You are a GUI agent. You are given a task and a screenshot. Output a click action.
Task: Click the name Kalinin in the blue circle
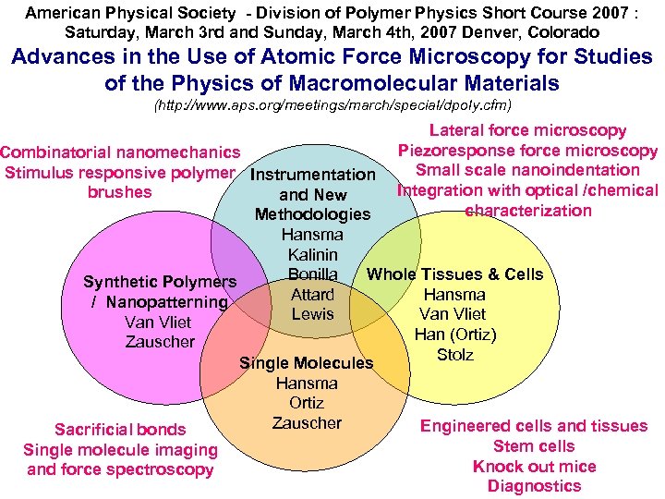[312, 254]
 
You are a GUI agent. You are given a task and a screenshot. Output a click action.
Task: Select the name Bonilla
[312, 274]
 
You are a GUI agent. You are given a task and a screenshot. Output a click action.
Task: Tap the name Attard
[312, 295]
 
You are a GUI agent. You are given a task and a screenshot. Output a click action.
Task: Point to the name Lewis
[312, 314]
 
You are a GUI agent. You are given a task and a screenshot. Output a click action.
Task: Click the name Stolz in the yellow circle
[454, 355]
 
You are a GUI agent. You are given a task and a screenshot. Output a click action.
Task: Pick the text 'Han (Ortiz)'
[454, 335]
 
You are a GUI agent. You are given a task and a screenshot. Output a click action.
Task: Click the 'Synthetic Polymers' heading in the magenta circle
[160, 282]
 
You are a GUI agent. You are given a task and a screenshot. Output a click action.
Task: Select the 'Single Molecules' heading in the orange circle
[306, 363]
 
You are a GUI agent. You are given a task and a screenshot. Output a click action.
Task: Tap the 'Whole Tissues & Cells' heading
[454, 274]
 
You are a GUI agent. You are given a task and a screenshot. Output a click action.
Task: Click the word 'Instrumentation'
[313, 175]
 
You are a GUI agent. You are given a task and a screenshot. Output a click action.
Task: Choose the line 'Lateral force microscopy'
[527, 131]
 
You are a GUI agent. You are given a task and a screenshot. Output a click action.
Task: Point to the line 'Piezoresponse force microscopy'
[527, 151]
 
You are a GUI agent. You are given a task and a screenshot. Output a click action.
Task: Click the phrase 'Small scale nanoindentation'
[527, 170]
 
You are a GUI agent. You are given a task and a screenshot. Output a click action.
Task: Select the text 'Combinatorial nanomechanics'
[120, 152]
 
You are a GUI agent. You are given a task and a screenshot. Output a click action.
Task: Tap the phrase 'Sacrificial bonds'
[120, 430]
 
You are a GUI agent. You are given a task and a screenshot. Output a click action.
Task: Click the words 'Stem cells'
[534, 446]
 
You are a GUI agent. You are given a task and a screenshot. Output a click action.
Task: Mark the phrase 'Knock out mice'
[534, 467]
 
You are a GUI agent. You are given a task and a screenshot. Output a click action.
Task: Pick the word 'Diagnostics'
[534, 486]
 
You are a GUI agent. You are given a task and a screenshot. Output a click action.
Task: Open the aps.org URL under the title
[332, 105]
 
